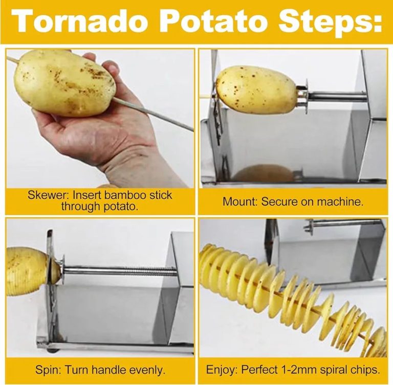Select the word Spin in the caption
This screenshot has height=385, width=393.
pyautogui.click(x=48, y=370)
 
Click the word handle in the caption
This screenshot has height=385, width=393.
pyautogui.click(x=108, y=370)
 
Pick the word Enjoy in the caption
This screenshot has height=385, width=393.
pyautogui.click(x=221, y=370)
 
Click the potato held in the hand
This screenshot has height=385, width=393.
pyautogui.click(x=64, y=83)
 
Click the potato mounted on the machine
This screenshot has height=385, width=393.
pyautogui.click(x=256, y=89)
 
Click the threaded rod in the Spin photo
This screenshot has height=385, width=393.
pyautogui.click(x=120, y=271)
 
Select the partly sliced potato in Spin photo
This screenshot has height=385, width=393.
pyautogui.click(x=28, y=271)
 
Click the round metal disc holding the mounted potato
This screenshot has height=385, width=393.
pyautogui.click(x=307, y=97)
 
